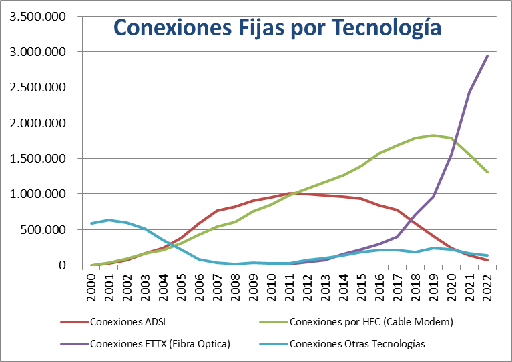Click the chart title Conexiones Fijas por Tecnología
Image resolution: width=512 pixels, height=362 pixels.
tap(277, 27)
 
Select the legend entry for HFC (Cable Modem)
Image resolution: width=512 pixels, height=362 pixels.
tap(372, 322)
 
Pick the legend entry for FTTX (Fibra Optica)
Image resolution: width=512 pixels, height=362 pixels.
tap(160, 344)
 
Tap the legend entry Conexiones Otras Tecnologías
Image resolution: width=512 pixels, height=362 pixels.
tap(357, 344)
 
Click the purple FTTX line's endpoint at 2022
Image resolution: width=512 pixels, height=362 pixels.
tap(487, 56)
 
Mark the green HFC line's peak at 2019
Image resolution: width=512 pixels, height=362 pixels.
tap(434, 135)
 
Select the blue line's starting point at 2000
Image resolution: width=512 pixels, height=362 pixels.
tap(91, 223)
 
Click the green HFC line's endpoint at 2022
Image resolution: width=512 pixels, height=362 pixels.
tap(487, 172)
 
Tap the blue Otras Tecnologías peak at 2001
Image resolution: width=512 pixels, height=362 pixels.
tap(109, 220)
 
